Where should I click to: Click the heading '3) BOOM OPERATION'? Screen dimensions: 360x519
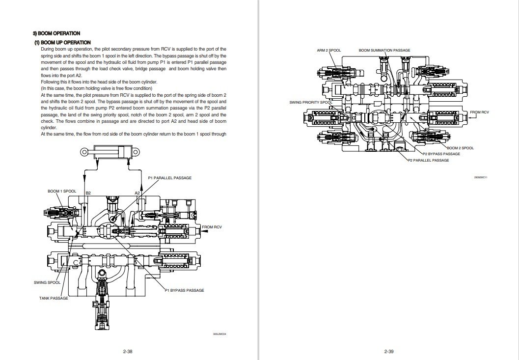pos(56,33)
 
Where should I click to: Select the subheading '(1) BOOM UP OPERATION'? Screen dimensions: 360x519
pos(62,43)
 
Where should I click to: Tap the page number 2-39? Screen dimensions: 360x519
pos(389,351)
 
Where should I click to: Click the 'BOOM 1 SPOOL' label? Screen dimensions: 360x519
pos(61,191)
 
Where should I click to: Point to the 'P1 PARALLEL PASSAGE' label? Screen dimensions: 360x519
pos(169,178)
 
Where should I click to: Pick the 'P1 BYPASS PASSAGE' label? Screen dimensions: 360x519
pos(184,290)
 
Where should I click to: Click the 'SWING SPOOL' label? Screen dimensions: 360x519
pos(47,282)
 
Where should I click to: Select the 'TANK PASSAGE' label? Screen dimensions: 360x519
pos(54,298)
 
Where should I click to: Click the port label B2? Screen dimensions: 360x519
pos(88,193)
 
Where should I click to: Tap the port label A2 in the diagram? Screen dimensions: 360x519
pos(138,193)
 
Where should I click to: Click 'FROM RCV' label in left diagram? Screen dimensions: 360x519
pos(212,227)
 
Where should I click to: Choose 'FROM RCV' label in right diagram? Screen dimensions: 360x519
pos(479,112)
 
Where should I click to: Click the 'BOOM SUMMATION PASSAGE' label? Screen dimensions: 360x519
pos(384,50)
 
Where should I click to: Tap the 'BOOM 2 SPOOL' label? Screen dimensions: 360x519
pos(460,148)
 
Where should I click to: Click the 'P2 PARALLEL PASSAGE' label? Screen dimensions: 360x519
pos(429,161)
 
